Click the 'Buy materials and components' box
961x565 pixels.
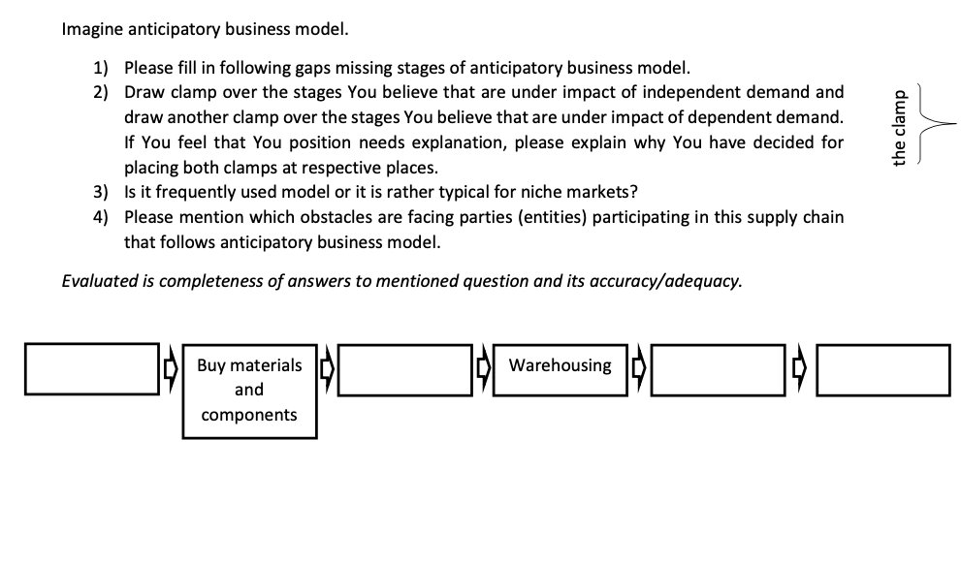249,390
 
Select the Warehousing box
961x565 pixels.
560,369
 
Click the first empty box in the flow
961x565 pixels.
92,369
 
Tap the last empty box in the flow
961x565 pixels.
883,369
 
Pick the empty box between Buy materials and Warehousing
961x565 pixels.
405,369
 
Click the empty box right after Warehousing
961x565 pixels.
720,369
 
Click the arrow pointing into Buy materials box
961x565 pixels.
171,369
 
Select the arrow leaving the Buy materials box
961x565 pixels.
327,369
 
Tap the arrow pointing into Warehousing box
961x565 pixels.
482,369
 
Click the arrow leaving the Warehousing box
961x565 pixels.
638,369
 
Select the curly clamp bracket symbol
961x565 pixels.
933,125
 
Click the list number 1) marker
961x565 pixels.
102,68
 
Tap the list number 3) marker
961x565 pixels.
102,190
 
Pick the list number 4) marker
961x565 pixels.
102,216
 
